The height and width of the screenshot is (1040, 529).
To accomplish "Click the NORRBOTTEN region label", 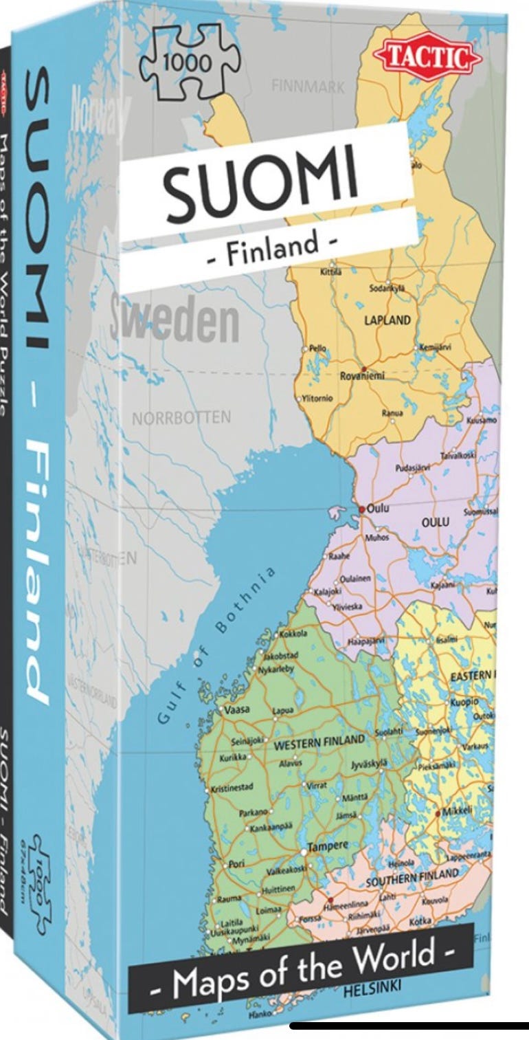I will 181,419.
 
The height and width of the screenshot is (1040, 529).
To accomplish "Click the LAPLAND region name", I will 387,320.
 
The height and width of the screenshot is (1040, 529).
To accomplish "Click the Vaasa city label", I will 235,708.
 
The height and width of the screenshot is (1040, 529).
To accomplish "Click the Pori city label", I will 236,863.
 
